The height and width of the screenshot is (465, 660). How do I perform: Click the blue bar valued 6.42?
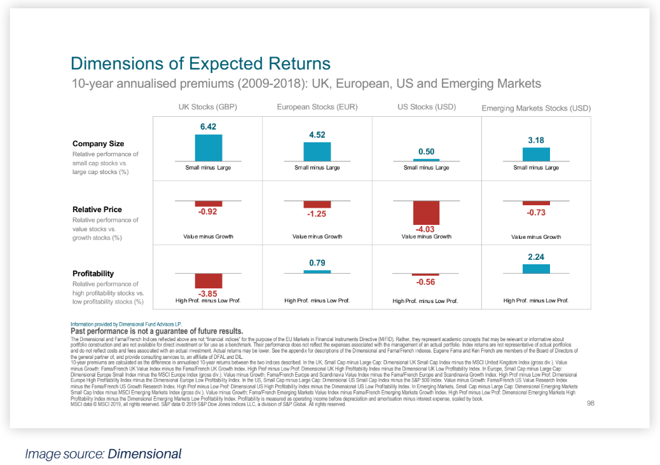pos(209,147)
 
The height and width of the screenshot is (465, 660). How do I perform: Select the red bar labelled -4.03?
pos(426,213)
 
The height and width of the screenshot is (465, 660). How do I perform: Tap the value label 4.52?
pos(317,135)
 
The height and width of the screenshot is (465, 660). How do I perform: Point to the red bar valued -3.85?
pos(209,281)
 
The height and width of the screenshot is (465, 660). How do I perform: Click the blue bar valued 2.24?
pos(535,269)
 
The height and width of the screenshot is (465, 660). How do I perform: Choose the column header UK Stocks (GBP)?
pos(207,107)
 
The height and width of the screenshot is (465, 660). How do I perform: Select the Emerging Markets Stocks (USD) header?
pos(536,108)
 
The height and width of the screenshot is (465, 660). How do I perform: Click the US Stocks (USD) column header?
pos(426,107)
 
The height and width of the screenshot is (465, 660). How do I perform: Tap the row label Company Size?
pos(98,144)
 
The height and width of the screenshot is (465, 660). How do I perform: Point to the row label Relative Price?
pos(97,209)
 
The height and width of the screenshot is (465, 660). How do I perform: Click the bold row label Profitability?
pos(93,274)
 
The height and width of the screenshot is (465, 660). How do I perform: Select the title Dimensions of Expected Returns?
pos(200,64)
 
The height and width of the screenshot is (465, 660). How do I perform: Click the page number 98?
pos(590,403)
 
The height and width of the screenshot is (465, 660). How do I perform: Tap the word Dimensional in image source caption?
pos(144,454)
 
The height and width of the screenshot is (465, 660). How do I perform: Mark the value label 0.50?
pos(426,152)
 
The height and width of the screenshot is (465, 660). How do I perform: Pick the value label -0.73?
pos(536,212)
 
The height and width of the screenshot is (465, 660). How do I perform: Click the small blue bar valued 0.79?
pos(317,271)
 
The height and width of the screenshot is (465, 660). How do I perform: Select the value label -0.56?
pos(426,282)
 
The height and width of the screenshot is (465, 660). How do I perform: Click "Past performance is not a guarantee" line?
pos(156,331)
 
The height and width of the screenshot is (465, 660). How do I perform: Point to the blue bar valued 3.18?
pos(535,154)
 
